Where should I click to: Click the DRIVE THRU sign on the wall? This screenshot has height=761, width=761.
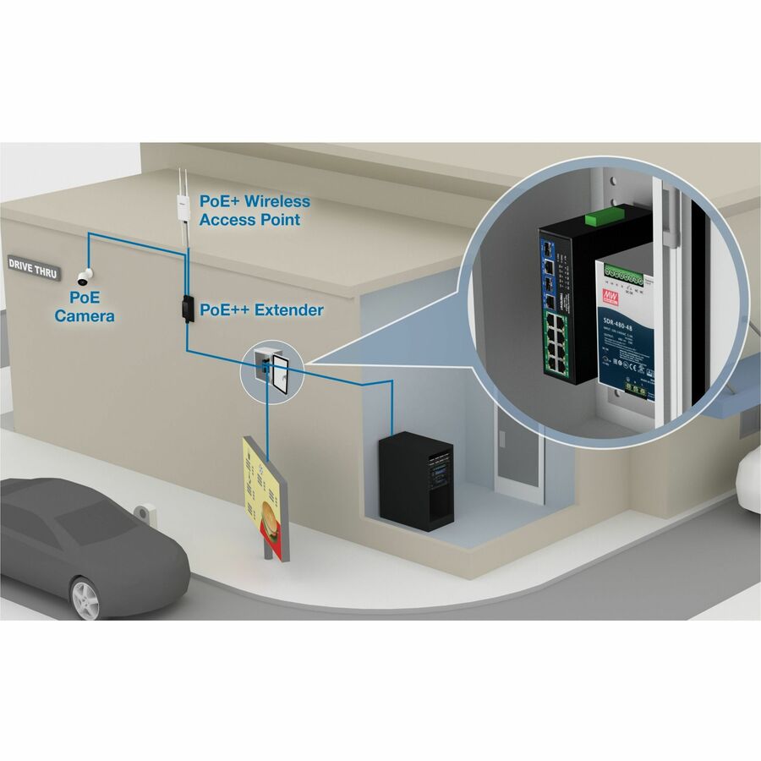pos(33,263)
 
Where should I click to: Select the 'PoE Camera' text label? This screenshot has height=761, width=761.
pos(85,308)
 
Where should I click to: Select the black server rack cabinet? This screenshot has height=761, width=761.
pos(416,480)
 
